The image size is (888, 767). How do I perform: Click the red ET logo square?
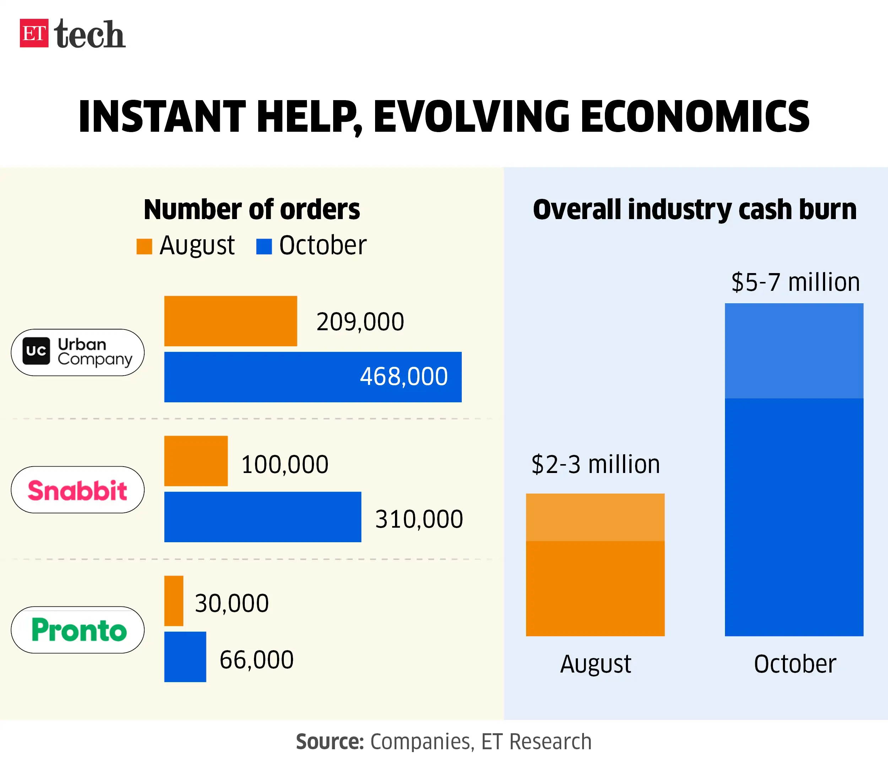pyautogui.click(x=34, y=33)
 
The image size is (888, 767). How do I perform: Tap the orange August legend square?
pyautogui.click(x=144, y=246)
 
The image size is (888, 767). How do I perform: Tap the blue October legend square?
pyautogui.click(x=264, y=246)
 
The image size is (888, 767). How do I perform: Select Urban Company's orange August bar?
pyautogui.click(x=231, y=321)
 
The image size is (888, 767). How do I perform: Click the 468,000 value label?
pyautogui.click(x=404, y=377)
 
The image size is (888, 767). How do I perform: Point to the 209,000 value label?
pyautogui.click(x=360, y=322)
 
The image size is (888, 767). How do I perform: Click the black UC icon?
pyautogui.click(x=36, y=351)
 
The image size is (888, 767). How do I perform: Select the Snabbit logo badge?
pyautogui.click(x=77, y=490)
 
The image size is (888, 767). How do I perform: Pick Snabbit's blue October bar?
pyautogui.click(x=262, y=517)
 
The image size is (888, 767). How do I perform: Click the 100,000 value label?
pyautogui.click(x=285, y=464)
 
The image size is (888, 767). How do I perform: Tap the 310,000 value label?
pyautogui.click(x=419, y=520)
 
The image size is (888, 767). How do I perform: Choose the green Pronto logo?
pyautogui.click(x=79, y=630)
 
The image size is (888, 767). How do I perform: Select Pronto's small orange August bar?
pyautogui.click(x=174, y=601)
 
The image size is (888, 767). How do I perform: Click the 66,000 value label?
pyautogui.click(x=256, y=660)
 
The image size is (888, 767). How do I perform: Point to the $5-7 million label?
pyautogui.click(x=795, y=282)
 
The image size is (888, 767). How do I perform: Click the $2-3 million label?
pyautogui.click(x=595, y=464)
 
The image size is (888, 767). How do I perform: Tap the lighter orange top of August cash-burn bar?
pyautogui.click(x=595, y=517)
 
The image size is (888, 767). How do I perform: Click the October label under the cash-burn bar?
pyautogui.click(x=795, y=664)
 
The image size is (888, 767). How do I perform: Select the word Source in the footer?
pyautogui.click(x=330, y=742)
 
